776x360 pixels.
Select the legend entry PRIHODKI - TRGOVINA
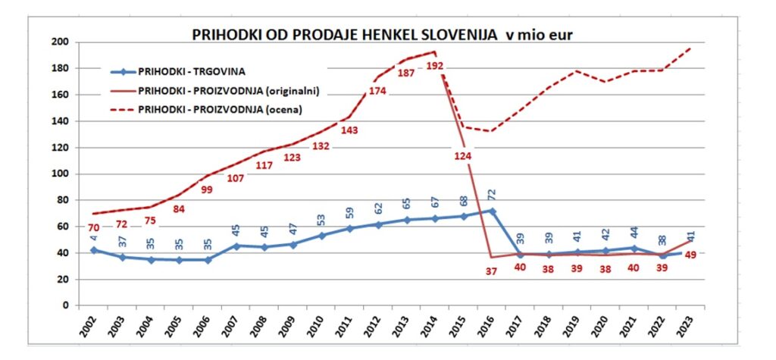click(192, 72)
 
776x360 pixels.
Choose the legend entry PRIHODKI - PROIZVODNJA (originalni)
click(228, 90)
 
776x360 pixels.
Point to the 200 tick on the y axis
click(60, 42)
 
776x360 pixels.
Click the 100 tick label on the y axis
click(60, 174)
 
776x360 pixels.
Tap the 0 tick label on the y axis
click(67, 305)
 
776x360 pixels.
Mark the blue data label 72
click(490, 194)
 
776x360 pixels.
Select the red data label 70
click(92, 227)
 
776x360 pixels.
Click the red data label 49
click(690, 255)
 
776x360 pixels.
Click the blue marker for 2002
click(93, 250)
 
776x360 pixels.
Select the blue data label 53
click(321, 221)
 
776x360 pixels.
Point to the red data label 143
click(349, 130)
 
